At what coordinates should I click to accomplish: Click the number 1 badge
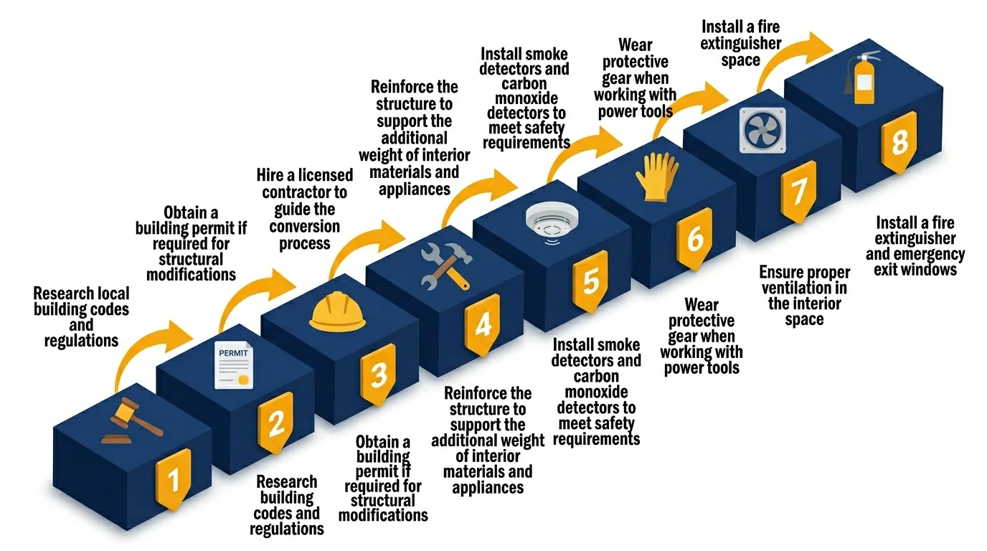tap(172, 477)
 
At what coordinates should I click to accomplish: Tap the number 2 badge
tap(276, 423)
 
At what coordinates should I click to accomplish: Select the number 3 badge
tap(379, 374)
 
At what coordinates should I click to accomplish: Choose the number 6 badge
tap(694, 238)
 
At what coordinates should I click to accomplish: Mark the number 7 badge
tap(798, 190)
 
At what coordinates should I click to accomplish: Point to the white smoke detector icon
tap(549, 220)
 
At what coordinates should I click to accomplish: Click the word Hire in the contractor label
tap(275, 176)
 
